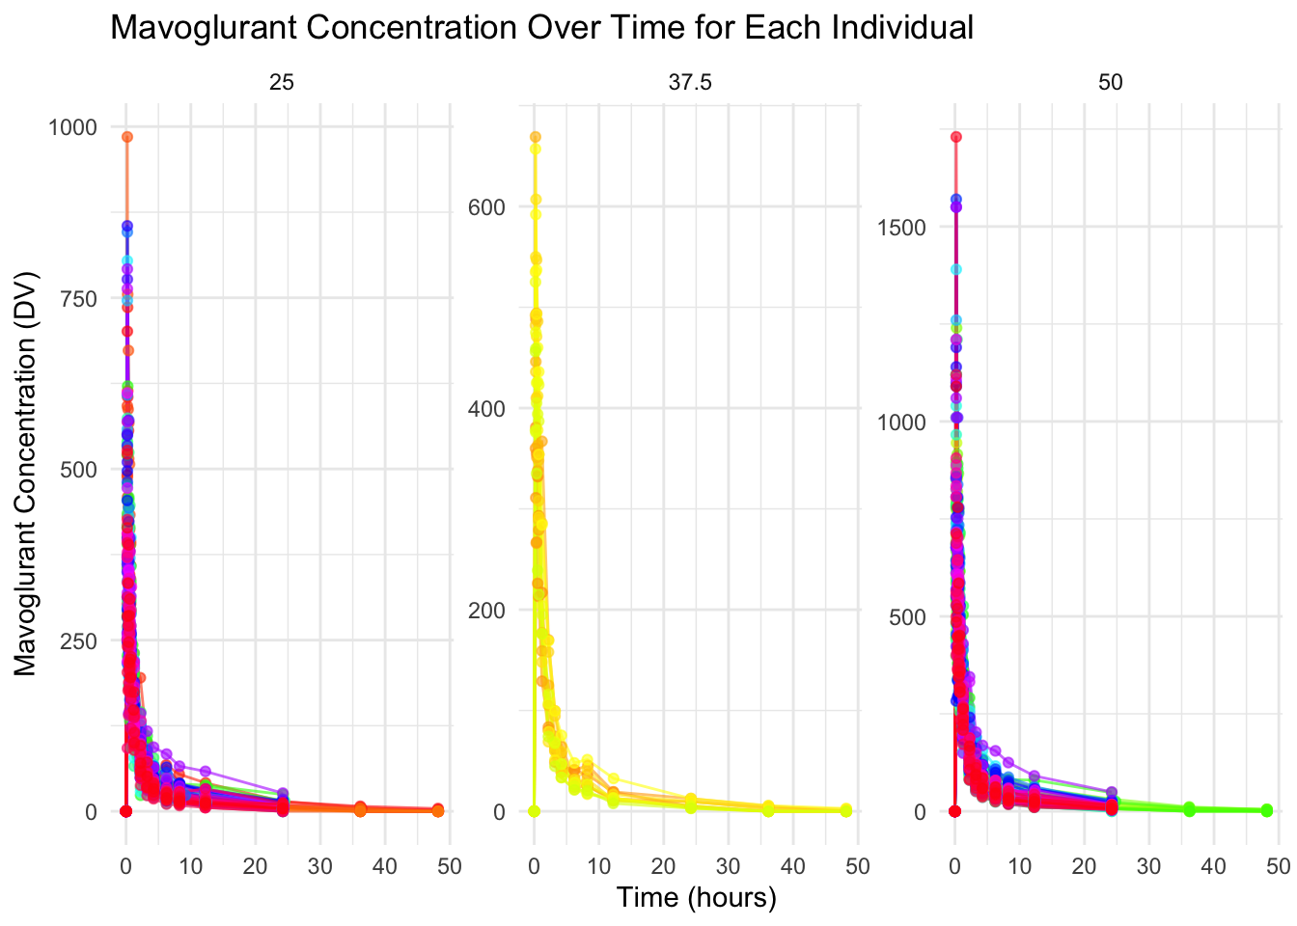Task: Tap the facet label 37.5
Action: pos(690,84)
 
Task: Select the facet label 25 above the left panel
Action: pos(282,84)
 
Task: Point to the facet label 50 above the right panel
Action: pos(1111,84)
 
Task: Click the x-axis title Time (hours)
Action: pos(697,898)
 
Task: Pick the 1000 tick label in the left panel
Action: pos(71,127)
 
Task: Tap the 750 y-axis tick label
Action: pos(78,299)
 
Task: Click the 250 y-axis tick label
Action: pos(78,641)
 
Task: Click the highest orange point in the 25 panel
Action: pos(126,137)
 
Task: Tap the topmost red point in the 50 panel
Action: pos(956,137)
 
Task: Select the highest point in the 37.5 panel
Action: pos(535,137)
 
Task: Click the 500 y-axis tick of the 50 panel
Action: pos(907,617)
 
